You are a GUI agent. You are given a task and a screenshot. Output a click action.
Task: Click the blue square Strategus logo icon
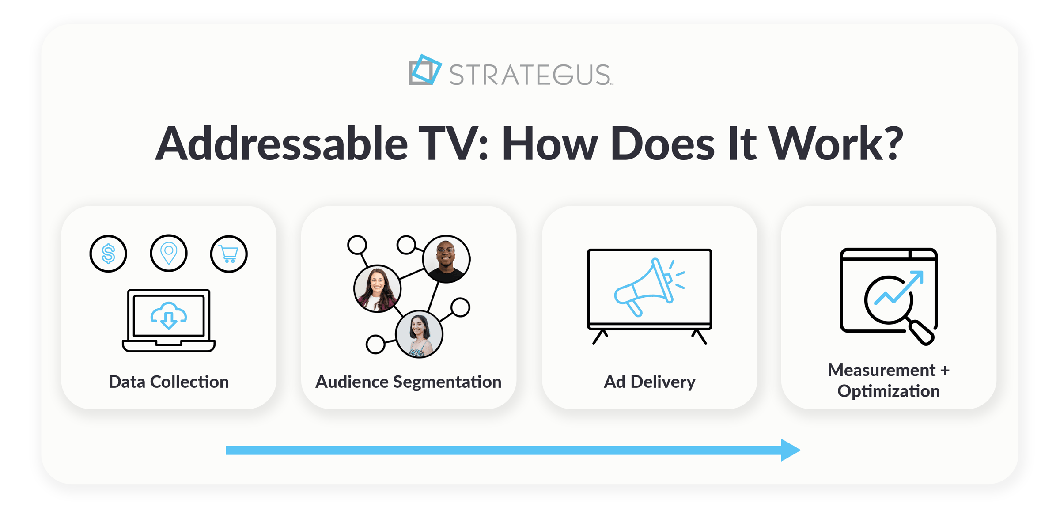pyautogui.click(x=424, y=70)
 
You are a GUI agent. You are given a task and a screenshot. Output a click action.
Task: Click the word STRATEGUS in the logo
pyautogui.click(x=530, y=74)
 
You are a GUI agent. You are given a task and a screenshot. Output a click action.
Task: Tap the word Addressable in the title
pyautogui.click(x=281, y=144)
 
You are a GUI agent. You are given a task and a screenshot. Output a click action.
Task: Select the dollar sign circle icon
pyautogui.click(x=108, y=254)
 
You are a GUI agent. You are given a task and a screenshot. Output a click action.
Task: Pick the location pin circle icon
pyautogui.click(x=169, y=253)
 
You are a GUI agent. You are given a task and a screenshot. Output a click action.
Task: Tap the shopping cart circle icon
pyautogui.click(x=229, y=254)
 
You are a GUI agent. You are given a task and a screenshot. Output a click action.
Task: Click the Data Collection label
pyautogui.click(x=169, y=382)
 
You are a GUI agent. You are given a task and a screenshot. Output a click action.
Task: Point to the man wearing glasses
pyautogui.click(x=446, y=259)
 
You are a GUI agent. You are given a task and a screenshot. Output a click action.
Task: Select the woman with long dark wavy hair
pyautogui.click(x=377, y=288)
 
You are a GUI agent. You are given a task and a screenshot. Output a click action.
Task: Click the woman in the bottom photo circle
pyautogui.click(x=419, y=334)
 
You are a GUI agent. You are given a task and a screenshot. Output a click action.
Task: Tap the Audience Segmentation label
pyautogui.click(x=408, y=382)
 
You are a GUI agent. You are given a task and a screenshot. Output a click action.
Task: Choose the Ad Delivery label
pyautogui.click(x=649, y=382)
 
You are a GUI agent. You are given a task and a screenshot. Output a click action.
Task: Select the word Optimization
pyautogui.click(x=888, y=391)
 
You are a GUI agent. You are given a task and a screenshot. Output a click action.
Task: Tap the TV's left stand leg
pyautogui.click(x=600, y=337)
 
